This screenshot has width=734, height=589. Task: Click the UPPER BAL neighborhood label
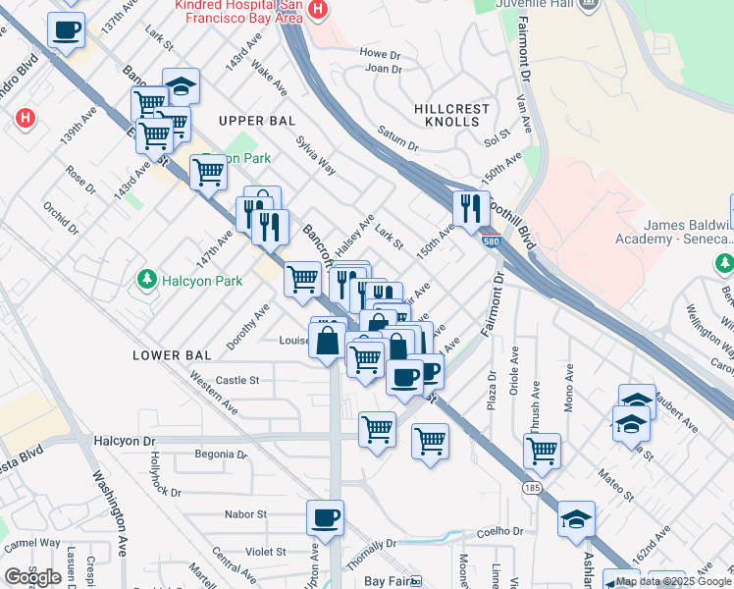(257, 121)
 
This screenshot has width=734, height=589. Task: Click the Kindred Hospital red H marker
(317, 9)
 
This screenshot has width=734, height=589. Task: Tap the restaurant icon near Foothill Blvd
(471, 208)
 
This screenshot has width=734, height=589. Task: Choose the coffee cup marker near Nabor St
(325, 518)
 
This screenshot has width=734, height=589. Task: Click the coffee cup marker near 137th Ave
(66, 29)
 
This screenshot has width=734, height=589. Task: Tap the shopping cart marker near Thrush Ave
(542, 452)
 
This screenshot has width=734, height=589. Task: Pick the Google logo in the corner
(32, 577)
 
